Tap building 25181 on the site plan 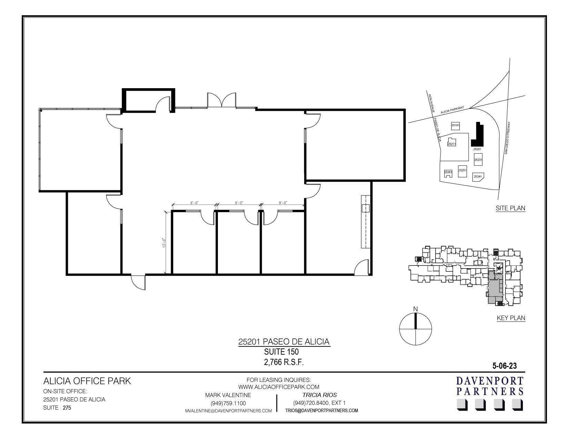[456, 126]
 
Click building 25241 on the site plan [478, 176]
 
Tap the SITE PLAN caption [510, 208]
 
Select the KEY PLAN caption [511, 318]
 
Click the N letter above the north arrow [416, 309]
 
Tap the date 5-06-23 [505, 366]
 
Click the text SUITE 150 [281, 352]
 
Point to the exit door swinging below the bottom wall [138, 282]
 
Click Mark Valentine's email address [228, 411]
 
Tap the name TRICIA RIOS [319, 395]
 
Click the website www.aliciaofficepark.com [279, 387]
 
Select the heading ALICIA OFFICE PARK [87, 381]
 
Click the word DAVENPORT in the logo [490, 381]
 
